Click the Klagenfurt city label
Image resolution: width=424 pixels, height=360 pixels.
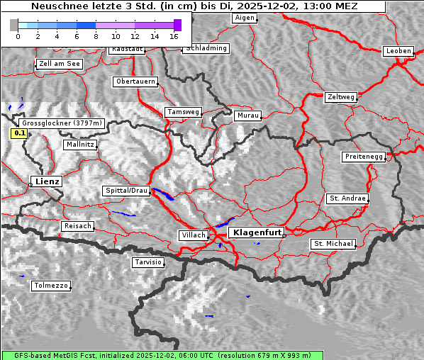pyautogui.click(x=258, y=232)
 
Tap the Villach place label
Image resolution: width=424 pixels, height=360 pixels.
pyautogui.click(x=193, y=235)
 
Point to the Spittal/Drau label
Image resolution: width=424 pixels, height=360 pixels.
pyautogui.click(x=127, y=191)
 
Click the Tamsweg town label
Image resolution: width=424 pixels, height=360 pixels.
pyautogui.click(x=184, y=112)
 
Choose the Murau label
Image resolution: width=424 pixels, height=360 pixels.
pyautogui.click(x=248, y=115)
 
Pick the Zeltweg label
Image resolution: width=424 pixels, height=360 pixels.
pyautogui.click(x=340, y=96)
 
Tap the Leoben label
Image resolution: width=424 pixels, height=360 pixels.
pyautogui.click(x=398, y=51)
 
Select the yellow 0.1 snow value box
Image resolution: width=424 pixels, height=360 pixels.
pyautogui.click(x=20, y=133)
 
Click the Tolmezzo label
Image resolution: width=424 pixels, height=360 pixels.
pyautogui.click(x=50, y=286)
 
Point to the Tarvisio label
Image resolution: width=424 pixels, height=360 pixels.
pyautogui.click(x=148, y=262)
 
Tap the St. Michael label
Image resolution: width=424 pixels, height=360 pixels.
pyautogui.click(x=333, y=244)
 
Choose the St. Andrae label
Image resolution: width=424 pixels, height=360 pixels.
pyautogui.click(x=347, y=198)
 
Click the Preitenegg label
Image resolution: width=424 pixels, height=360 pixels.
pyautogui.click(x=364, y=157)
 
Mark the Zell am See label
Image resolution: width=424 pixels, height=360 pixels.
pyautogui.click(x=60, y=64)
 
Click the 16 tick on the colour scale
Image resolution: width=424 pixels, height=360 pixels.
pyautogui.click(x=174, y=35)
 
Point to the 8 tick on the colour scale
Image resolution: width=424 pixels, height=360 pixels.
pyautogui.click(x=96, y=35)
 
